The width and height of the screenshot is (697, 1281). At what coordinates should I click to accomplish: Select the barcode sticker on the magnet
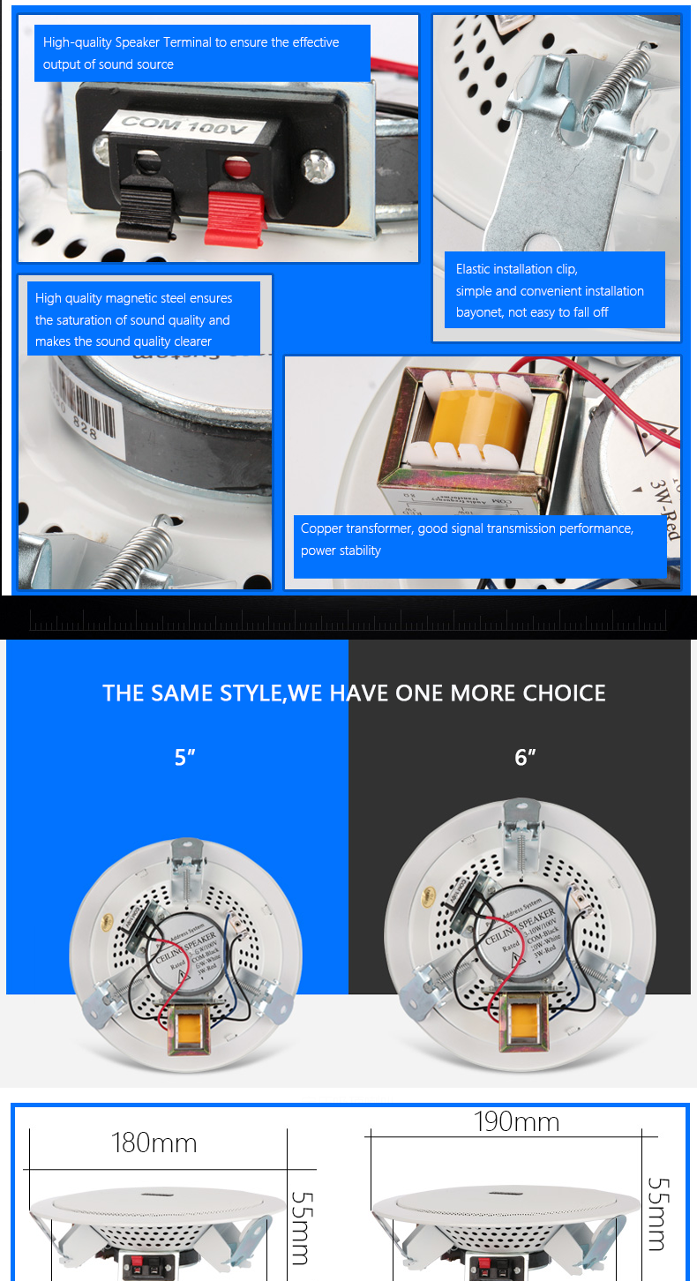[x=84, y=401]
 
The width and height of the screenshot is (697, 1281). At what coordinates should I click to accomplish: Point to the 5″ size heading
[x=184, y=758]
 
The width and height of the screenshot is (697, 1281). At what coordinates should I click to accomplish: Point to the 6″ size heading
[x=525, y=758]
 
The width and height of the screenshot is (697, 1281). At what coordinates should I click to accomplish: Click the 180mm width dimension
[x=154, y=1143]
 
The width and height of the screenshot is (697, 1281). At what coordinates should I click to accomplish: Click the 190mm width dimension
[x=516, y=1122]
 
